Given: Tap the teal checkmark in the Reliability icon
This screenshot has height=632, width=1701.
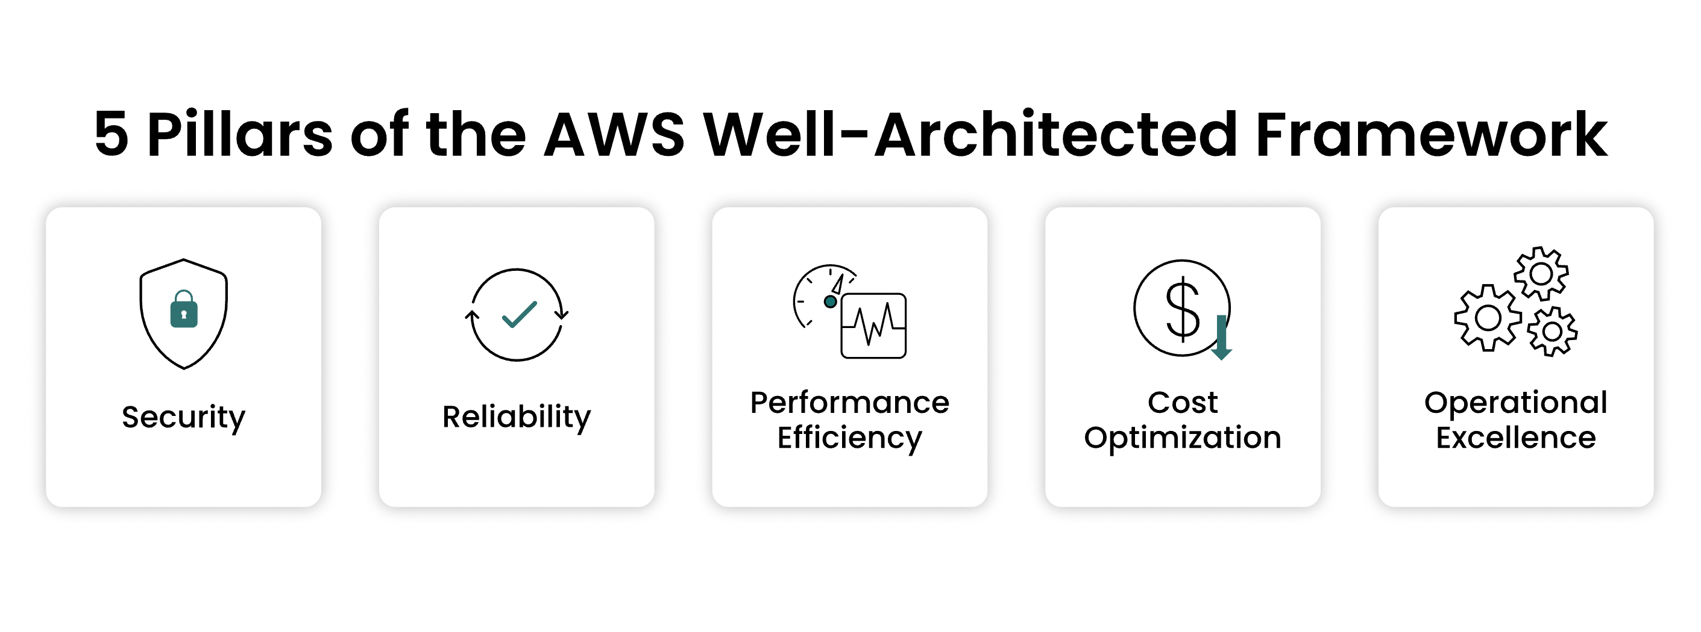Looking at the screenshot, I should coord(519,315).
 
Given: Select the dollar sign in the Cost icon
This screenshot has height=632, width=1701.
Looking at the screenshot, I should coord(1182,308).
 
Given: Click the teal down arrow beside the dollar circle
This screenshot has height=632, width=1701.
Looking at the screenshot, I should coord(1222,338).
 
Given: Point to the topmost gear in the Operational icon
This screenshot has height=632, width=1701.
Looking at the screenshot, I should coord(1541,273).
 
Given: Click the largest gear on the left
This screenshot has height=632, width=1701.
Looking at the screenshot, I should coord(1488,318).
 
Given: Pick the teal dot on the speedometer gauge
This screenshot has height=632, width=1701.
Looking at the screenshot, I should coord(830,302).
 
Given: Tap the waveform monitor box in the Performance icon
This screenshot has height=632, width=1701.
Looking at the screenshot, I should coord(873,326).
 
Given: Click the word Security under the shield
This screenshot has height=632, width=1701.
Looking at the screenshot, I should coord(184,417).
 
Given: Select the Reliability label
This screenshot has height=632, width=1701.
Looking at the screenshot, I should coord(517,417).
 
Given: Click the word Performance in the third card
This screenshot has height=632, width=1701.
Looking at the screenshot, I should coord(849,403).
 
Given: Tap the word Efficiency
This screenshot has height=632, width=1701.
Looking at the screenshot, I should coord(849,438).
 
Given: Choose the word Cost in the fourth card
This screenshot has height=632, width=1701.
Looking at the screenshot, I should coord(1182,403).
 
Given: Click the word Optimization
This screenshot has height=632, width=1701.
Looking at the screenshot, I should coord(1182,438).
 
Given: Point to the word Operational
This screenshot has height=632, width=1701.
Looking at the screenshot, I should coord(1515,403).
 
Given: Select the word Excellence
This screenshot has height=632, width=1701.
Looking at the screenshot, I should coord(1515,438).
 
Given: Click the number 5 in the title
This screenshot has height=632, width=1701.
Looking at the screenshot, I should coord(111,135).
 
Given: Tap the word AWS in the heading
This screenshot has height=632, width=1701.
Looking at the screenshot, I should coord(614,135).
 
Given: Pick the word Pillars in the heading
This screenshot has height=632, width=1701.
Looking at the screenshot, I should coord(240,135).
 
